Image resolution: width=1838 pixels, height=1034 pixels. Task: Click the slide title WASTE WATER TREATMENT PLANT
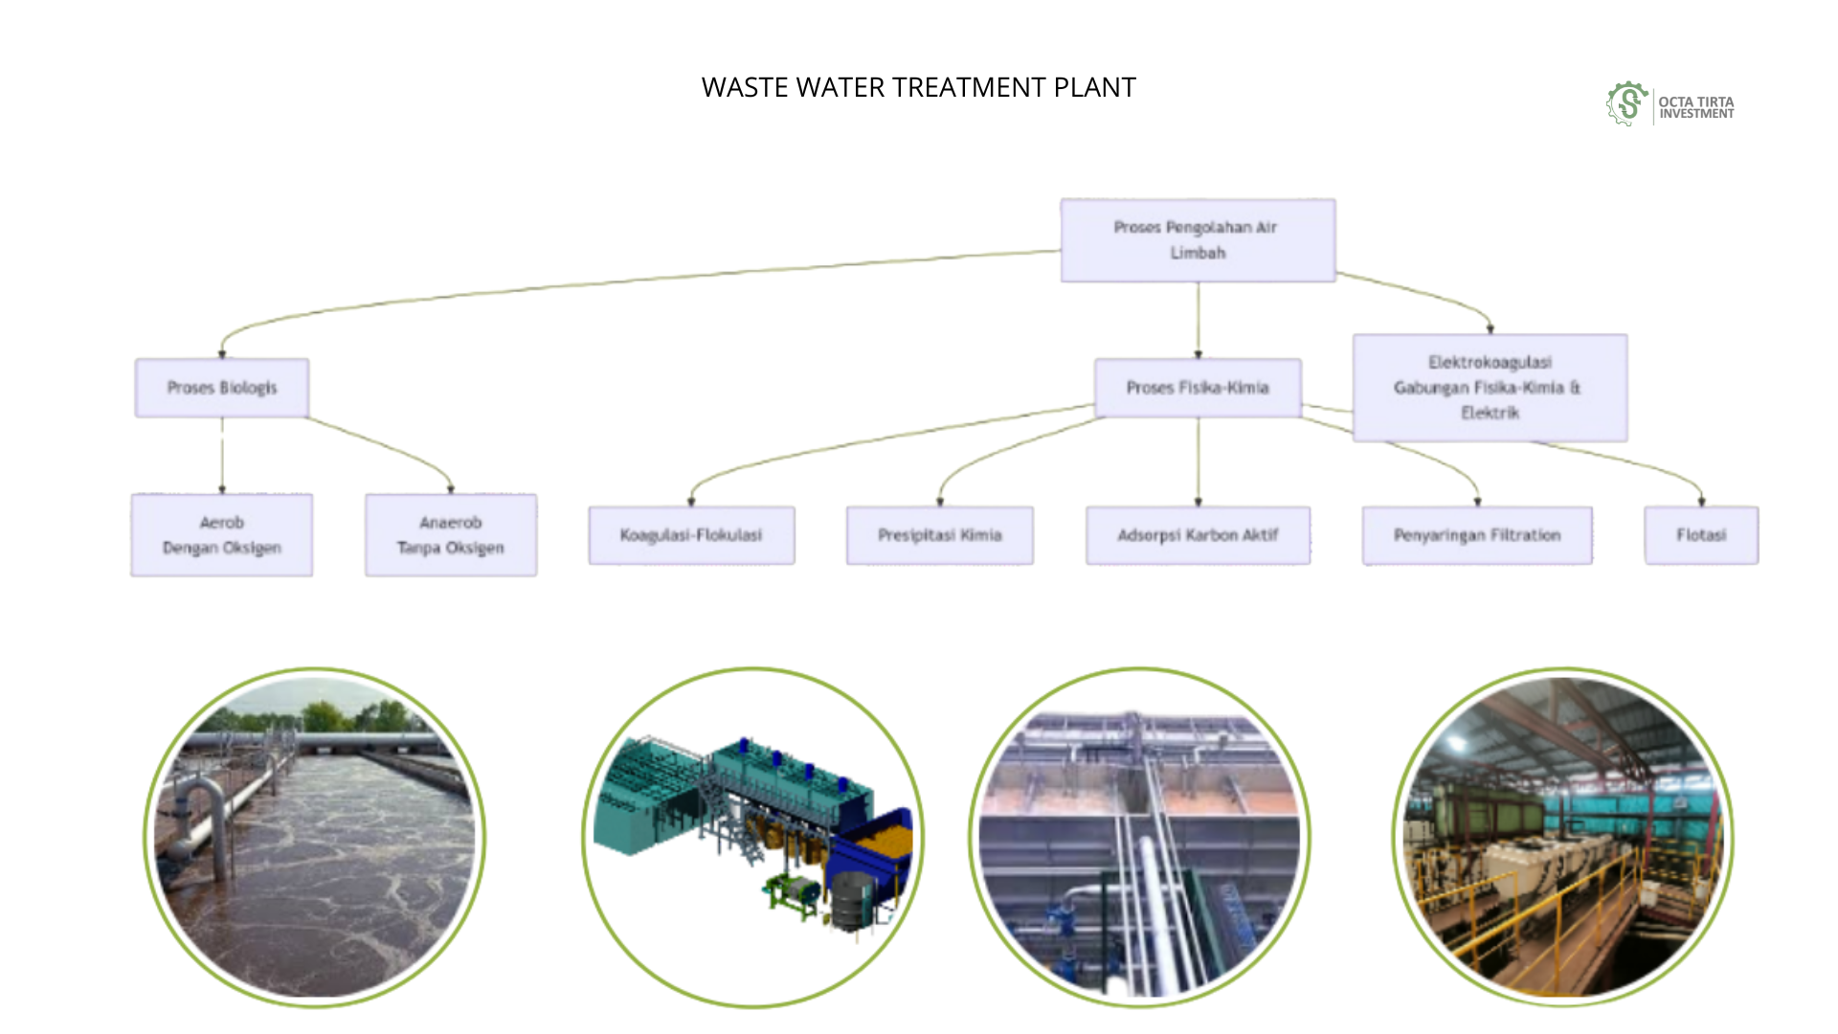point(918,87)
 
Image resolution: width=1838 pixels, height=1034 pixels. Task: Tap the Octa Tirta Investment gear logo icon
point(1626,104)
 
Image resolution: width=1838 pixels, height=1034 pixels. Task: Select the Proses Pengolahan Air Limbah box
point(1197,240)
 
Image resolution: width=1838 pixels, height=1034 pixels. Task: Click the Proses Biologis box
point(221,388)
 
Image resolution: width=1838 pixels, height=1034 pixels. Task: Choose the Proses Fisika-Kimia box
point(1197,388)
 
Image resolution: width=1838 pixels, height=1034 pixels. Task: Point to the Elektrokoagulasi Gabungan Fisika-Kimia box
point(1489,388)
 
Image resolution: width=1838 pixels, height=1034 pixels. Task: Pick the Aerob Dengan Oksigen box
point(221,535)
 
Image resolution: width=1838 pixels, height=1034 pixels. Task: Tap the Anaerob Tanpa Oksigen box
point(450,535)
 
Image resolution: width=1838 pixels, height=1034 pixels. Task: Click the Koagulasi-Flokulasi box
point(690,535)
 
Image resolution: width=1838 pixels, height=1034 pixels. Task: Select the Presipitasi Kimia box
point(939,535)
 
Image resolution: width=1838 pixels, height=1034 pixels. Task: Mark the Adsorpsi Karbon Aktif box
point(1197,535)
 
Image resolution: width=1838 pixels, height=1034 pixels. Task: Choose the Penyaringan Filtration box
point(1476,535)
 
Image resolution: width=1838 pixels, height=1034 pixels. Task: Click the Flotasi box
point(1700,535)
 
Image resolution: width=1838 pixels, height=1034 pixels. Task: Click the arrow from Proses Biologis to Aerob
point(222,455)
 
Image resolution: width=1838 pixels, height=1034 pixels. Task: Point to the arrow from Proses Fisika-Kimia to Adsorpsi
point(1198,460)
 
